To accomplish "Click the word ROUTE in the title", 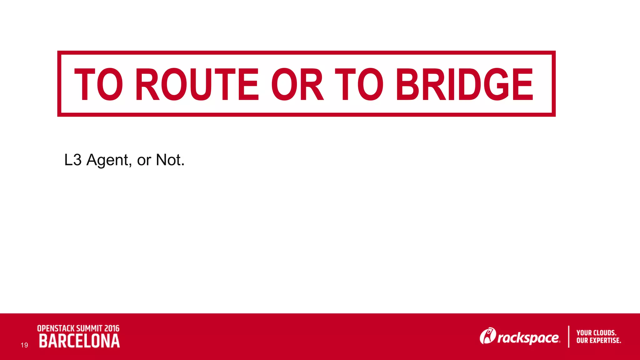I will pyautogui.click(x=197, y=84).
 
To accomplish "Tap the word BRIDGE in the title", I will pyautogui.click(x=465, y=84).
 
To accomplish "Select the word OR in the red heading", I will pyautogui.click(x=297, y=84).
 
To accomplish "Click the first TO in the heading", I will pyautogui.click(x=98, y=84).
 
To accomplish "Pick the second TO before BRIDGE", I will pyautogui.click(x=359, y=84).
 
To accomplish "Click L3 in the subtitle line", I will pyautogui.click(x=73, y=160).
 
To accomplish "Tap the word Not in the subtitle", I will pyautogui.click(x=170, y=160).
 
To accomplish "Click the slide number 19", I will pyautogui.click(x=24, y=345).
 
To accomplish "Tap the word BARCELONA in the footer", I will pyautogui.click(x=79, y=341).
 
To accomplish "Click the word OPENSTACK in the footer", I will pyautogui.click(x=56, y=328).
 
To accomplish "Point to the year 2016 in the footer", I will pyautogui.click(x=112, y=328).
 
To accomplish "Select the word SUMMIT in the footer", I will pyautogui.click(x=89, y=328).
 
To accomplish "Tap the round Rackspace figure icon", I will pyautogui.click(x=487, y=336).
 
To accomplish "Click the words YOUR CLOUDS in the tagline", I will pyautogui.click(x=596, y=333).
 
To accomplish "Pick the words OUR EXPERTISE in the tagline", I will pyautogui.click(x=598, y=340).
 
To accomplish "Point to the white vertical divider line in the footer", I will pyautogui.click(x=568, y=337).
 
